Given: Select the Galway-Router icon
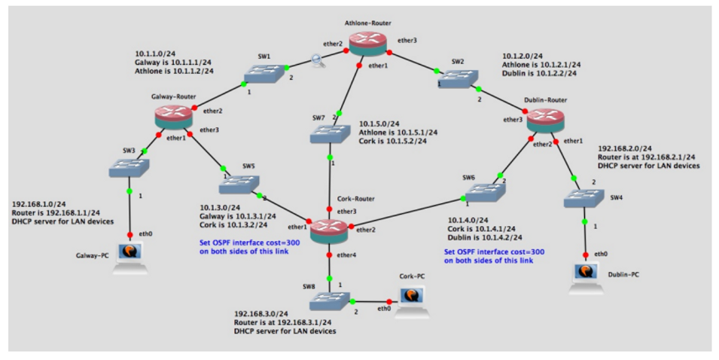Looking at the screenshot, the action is point(173,117).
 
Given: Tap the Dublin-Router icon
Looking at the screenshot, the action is point(545,121).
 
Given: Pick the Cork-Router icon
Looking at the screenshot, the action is point(329,231).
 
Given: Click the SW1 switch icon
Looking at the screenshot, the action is point(264,73).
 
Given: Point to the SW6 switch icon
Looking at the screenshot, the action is point(486,193).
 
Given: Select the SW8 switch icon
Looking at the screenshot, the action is point(330,301).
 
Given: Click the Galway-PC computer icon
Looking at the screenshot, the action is point(131,258).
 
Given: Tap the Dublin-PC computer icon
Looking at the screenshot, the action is point(586,278).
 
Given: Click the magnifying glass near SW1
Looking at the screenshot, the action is point(318,60).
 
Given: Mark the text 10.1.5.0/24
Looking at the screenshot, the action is point(379,124).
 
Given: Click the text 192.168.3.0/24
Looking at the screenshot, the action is point(261,313).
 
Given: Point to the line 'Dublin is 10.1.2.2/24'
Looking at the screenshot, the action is point(539,73).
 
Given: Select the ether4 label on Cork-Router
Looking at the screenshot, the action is point(347,255).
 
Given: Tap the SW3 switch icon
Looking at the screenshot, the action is point(129,168).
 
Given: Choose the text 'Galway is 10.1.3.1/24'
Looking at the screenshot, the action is point(237,216).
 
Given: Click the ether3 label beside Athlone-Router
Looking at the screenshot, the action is point(407,41).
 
